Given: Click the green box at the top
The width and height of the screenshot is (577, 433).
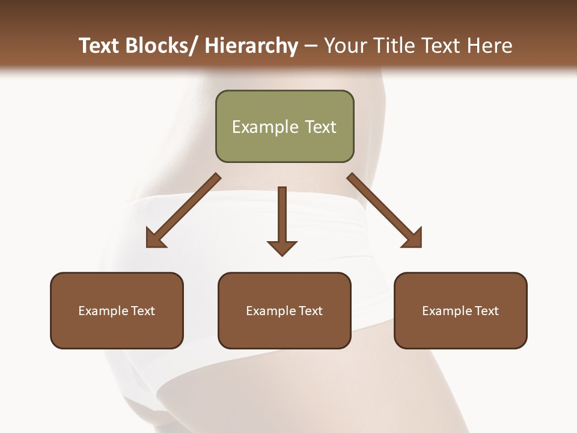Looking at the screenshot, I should pyautogui.click(x=284, y=126).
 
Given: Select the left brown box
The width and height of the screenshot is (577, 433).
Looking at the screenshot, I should pyautogui.click(x=117, y=310).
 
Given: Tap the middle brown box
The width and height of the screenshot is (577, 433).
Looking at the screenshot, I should pyautogui.click(x=284, y=310).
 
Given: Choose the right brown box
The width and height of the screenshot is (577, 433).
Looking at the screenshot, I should pyautogui.click(x=460, y=310).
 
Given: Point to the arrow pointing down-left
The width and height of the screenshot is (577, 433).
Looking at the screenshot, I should pyautogui.click(x=183, y=210).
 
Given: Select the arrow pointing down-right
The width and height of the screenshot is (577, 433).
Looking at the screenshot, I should pyautogui.click(x=384, y=210).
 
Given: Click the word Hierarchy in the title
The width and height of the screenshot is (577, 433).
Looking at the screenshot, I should pyautogui.click(x=251, y=46).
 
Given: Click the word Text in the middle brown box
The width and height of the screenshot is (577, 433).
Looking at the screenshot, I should pyautogui.click(x=310, y=311).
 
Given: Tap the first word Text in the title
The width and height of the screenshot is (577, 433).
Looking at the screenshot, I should pyautogui.click(x=99, y=46).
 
